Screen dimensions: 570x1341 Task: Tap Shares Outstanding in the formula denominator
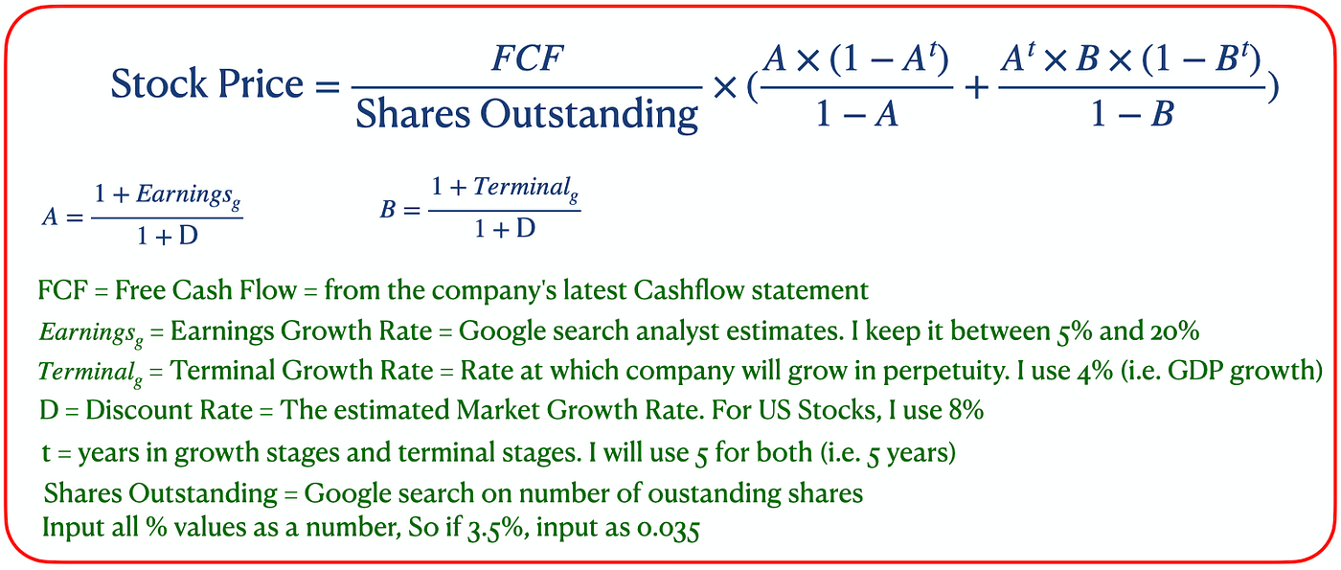(527, 115)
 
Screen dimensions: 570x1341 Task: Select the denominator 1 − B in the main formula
(1133, 116)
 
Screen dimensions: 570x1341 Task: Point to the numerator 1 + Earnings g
(167, 195)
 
